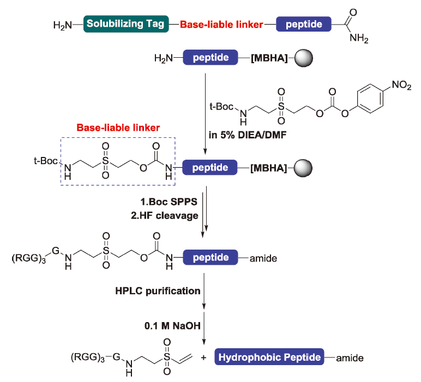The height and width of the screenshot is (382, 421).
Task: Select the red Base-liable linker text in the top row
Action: (221, 25)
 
